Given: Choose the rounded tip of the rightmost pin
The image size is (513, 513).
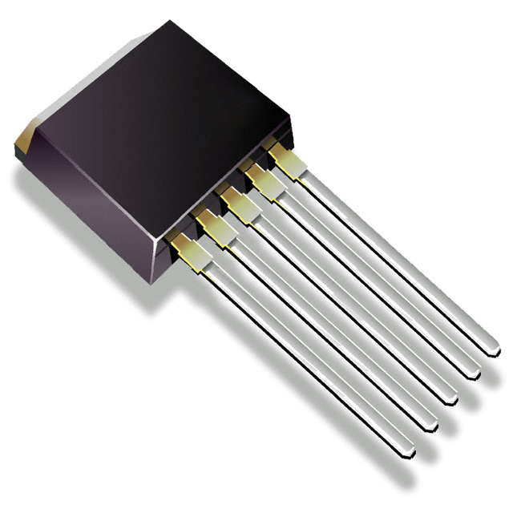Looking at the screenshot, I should [493, 350].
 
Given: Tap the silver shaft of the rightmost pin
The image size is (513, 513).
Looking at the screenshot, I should [393, 256].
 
